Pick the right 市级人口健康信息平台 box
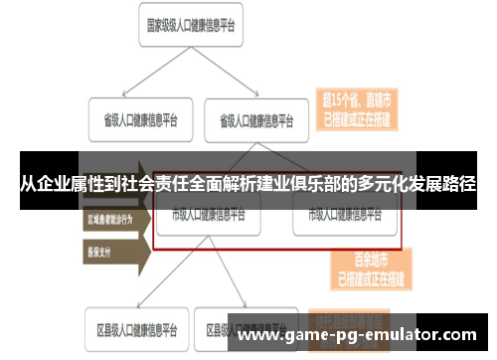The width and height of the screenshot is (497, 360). tap(343, 215)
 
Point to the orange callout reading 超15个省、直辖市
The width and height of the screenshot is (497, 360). tap(355, 106)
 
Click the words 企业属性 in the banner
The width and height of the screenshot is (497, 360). tap(81, 184)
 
